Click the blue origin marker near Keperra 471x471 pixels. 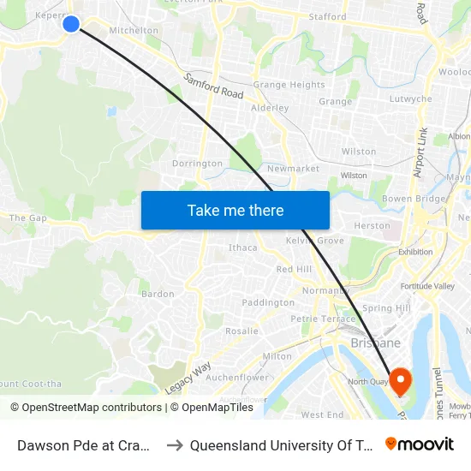(72, 24)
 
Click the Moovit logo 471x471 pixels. (420, 444)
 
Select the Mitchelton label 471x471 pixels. (134, 30)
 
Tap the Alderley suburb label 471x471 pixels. (270, 109)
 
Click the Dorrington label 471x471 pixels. (197, 164)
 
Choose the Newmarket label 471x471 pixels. (293, 169)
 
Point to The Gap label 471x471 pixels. (28, 218)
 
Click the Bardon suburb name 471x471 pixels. (158, 294)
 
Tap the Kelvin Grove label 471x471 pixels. (315, 241)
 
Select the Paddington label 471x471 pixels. (268, 302)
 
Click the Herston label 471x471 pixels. (372, 225)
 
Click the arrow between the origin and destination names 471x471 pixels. (174, 445)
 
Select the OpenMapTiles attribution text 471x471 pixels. (211, 408)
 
